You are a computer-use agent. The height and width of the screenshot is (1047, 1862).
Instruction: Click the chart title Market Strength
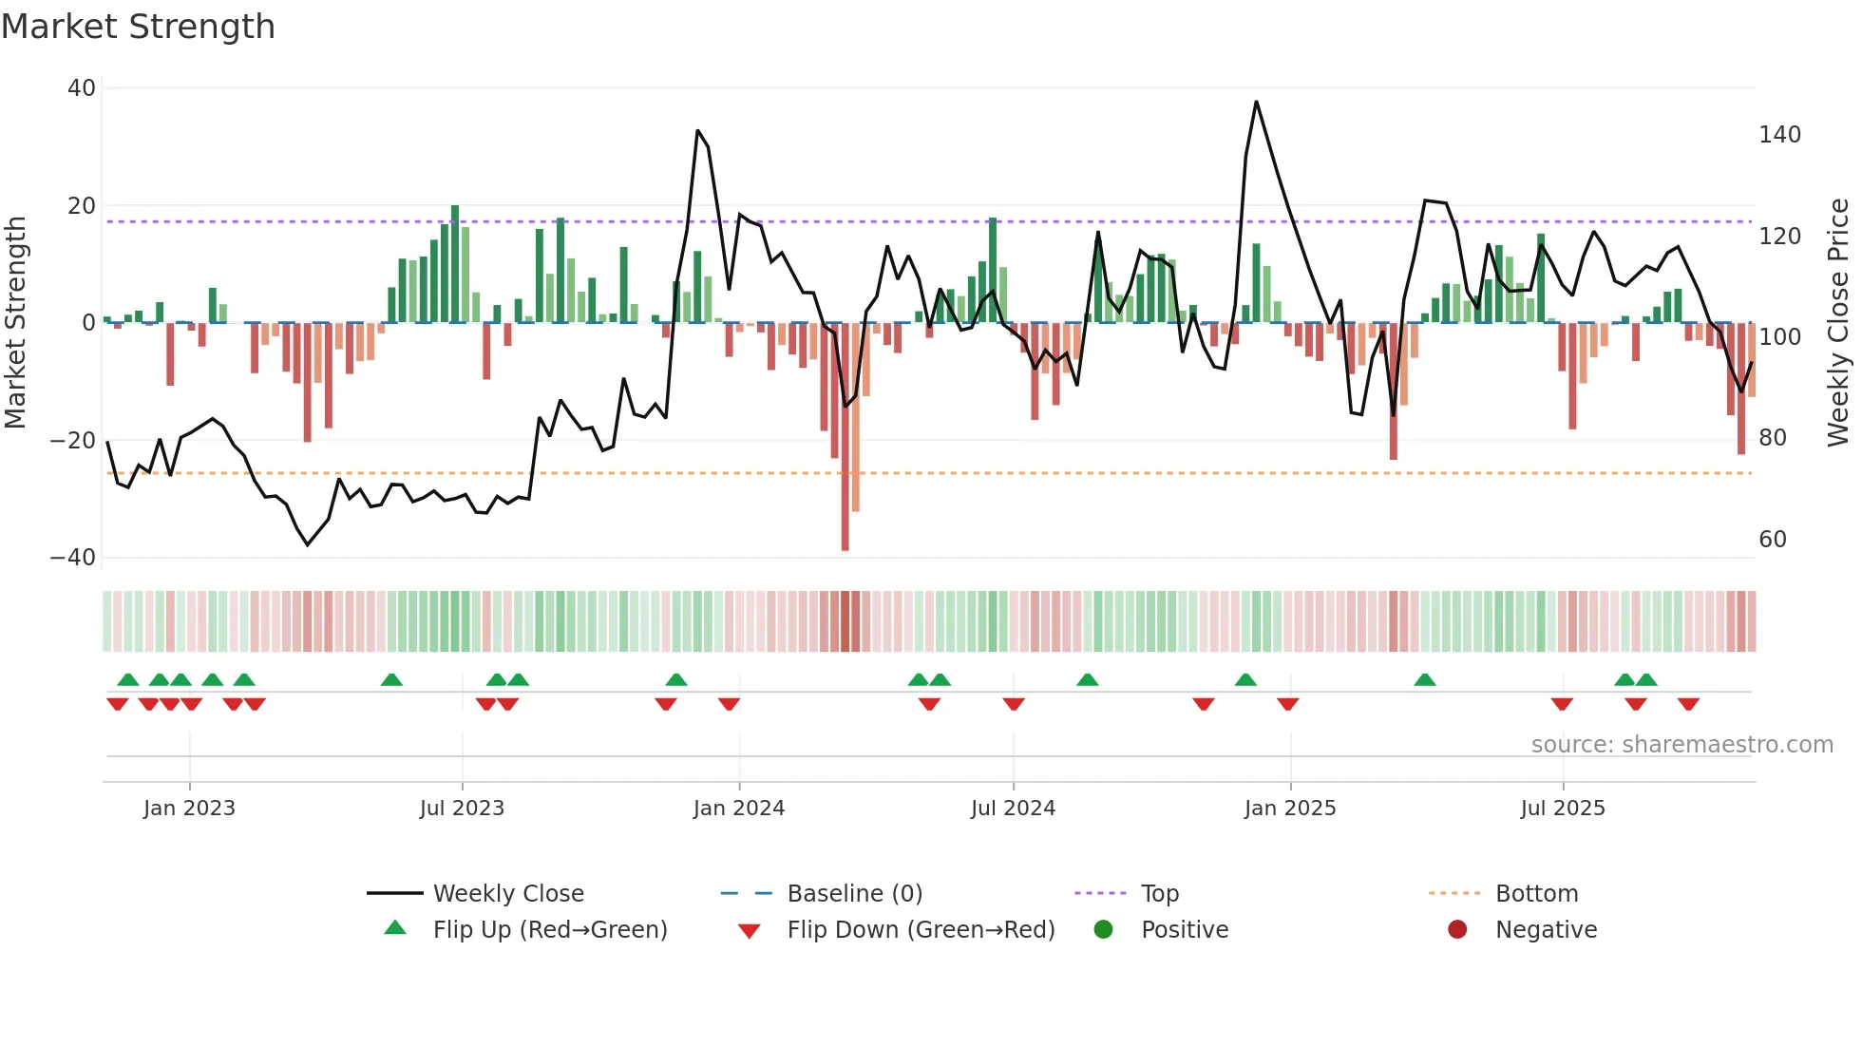[x=138, y=27]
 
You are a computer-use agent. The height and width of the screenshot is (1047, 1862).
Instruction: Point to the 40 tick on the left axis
[x=82, y=88]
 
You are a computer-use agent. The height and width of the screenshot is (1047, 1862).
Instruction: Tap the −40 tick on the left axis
[x=73, y=558]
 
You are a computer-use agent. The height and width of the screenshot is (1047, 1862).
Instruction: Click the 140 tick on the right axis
[x=1779, y=135]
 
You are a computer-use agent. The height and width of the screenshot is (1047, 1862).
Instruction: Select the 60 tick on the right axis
[x=1773, y=540]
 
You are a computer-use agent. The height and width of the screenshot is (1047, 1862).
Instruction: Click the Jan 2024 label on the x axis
[x=738, y=809]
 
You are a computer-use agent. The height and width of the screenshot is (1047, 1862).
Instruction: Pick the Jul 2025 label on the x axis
[x=1562, y=809]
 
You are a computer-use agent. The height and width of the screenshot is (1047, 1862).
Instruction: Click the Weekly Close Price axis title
[x=1838, y=323]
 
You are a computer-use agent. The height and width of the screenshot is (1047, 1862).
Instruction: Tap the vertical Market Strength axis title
[x=16, y=323]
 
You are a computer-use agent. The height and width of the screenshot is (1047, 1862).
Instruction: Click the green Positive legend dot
[x=1103, y=930]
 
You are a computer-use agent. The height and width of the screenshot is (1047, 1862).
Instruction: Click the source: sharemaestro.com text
[x=1681, y=745]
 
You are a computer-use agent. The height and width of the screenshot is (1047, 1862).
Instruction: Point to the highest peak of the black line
[x=1256, y=102]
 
